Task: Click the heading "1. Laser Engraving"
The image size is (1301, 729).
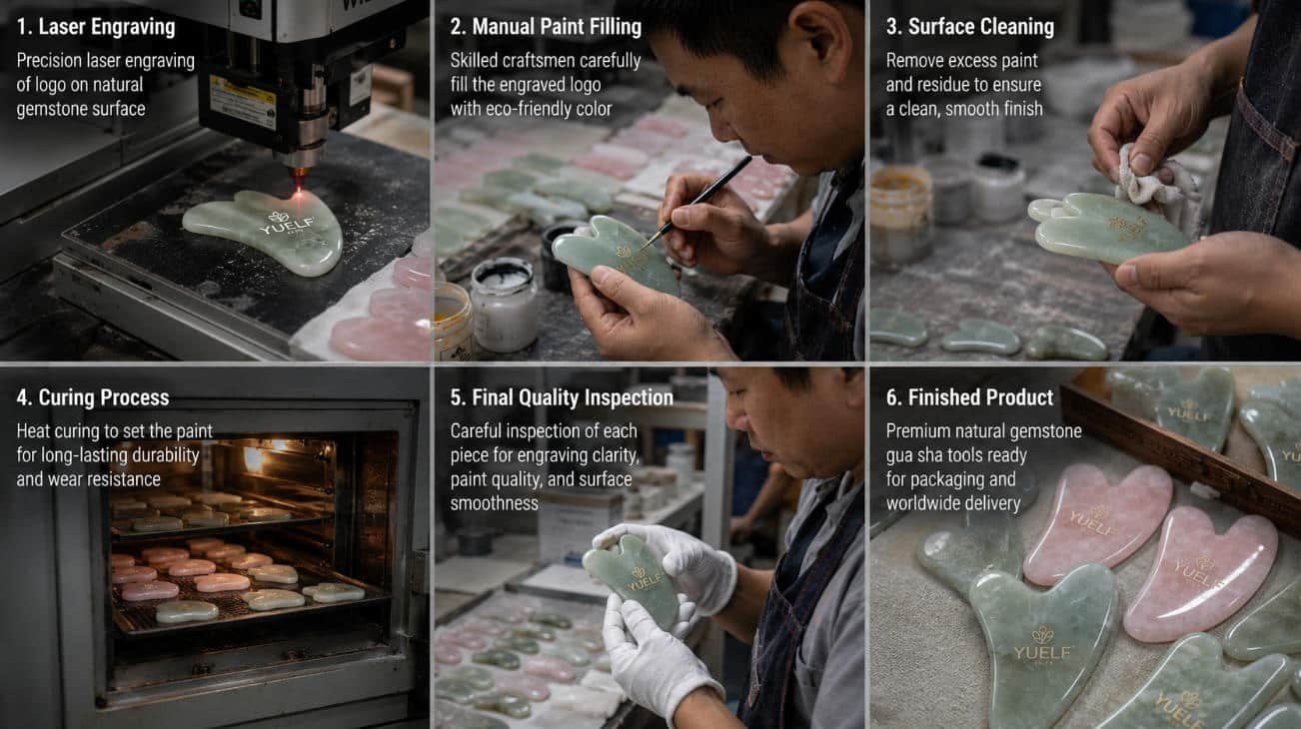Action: [96, 27]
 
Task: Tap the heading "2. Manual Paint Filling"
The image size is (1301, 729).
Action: [546, 27]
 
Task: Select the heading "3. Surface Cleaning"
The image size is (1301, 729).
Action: [970, 27]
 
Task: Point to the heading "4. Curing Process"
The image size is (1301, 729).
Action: [93, 398]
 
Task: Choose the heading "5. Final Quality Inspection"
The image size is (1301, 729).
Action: [562, 398]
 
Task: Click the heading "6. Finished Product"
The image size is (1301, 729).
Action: [969, 398]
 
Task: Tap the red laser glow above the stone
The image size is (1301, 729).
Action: [300, 177]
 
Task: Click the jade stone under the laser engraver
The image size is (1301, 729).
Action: [265, 231]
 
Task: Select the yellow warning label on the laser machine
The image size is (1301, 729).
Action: [242, 99]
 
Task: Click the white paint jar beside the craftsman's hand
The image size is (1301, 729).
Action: [503, 305]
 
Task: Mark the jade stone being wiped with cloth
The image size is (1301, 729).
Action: [1105, 228]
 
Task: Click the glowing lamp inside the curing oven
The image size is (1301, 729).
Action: [254, 458]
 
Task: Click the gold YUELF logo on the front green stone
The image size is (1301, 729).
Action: [1042, 644]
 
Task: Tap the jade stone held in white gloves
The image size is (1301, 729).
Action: [632, 580]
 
